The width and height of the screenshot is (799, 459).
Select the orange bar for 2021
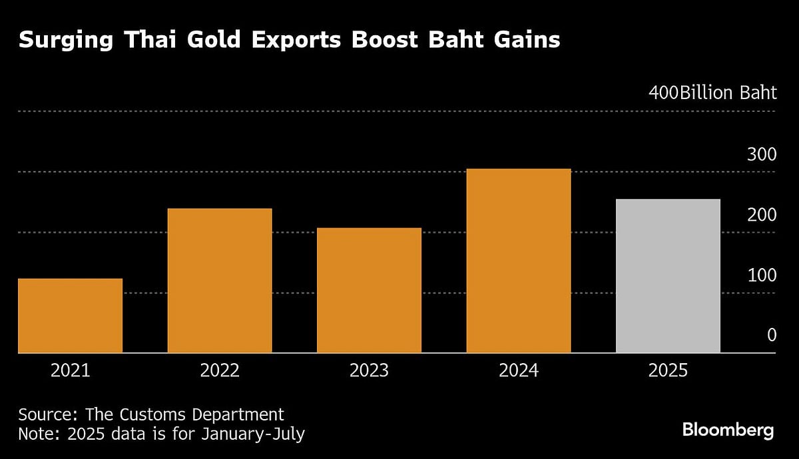coord(70,315)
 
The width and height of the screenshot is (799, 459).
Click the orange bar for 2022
coord(220,280)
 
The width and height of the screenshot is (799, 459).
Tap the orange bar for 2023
coord(369,290)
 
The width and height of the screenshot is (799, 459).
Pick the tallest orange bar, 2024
coord(519,260)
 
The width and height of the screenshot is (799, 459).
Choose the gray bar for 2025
coord(668,275)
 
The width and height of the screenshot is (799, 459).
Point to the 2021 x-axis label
coord(70,371)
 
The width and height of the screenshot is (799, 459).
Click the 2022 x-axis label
coord(220,371)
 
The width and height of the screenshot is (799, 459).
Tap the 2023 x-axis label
coord(369,371)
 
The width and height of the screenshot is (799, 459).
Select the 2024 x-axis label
coord(519,371)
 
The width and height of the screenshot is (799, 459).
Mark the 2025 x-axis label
coord(668,371)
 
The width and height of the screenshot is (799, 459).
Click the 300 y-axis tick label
coord(762,155)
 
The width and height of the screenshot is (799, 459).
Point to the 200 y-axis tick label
coord(762,216)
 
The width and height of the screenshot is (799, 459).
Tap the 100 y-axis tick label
coord(762,275)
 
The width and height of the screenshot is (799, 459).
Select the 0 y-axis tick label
coord(771,335)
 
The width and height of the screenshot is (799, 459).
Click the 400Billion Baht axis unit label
coord(712,92)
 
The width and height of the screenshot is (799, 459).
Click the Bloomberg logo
coord(728,430)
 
